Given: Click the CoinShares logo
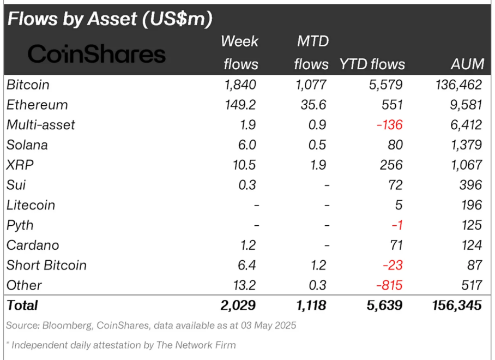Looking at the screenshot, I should point(96,54).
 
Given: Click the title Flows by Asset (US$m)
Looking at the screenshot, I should point(110,19).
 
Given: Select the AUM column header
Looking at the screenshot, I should point(467,64).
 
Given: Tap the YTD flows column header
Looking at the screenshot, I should point(372,64).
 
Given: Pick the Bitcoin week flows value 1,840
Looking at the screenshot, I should point(239,85).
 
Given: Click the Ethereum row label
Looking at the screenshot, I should point(37,105).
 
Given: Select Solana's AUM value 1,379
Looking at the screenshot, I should point(463,145).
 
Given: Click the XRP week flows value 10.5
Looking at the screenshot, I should point(244,165).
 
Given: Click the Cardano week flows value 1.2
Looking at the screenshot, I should point(246,245).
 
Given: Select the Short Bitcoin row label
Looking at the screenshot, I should point(46,266).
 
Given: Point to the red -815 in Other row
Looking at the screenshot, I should point(388,285).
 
